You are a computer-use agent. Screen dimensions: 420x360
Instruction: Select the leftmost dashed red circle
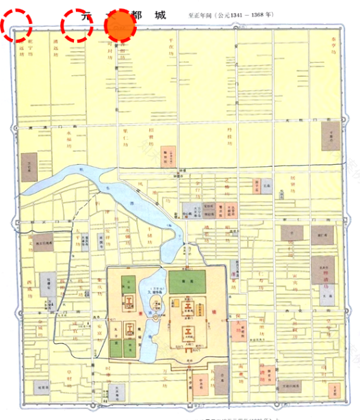[x=16, y=25]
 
